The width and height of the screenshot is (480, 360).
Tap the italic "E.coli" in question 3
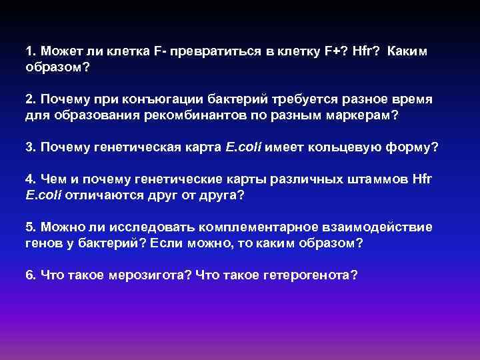pos(245,147)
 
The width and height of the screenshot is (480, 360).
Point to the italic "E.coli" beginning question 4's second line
pos(42,195)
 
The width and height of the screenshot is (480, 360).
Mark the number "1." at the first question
pos(30,51)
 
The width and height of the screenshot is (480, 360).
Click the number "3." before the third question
pos(30,147)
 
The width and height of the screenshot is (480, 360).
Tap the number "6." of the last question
pos(30,275)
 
